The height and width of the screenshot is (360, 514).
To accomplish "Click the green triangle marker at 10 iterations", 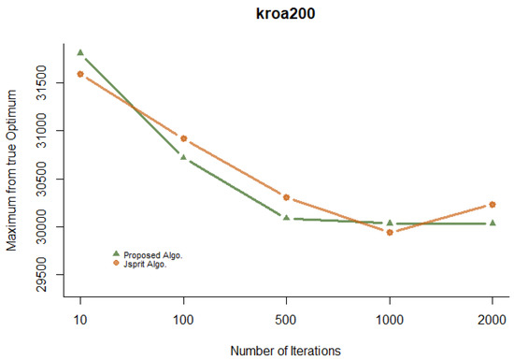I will pyautogui.click(x=80, y=52).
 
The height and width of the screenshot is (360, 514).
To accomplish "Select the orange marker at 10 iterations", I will pyautogui.click(x=80, y=74).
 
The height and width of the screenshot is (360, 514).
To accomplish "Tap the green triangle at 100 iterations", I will pyautogui.click(x=183, y=157).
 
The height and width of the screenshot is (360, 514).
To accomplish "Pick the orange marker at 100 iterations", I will pyautogui.click(x=183, y=138).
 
